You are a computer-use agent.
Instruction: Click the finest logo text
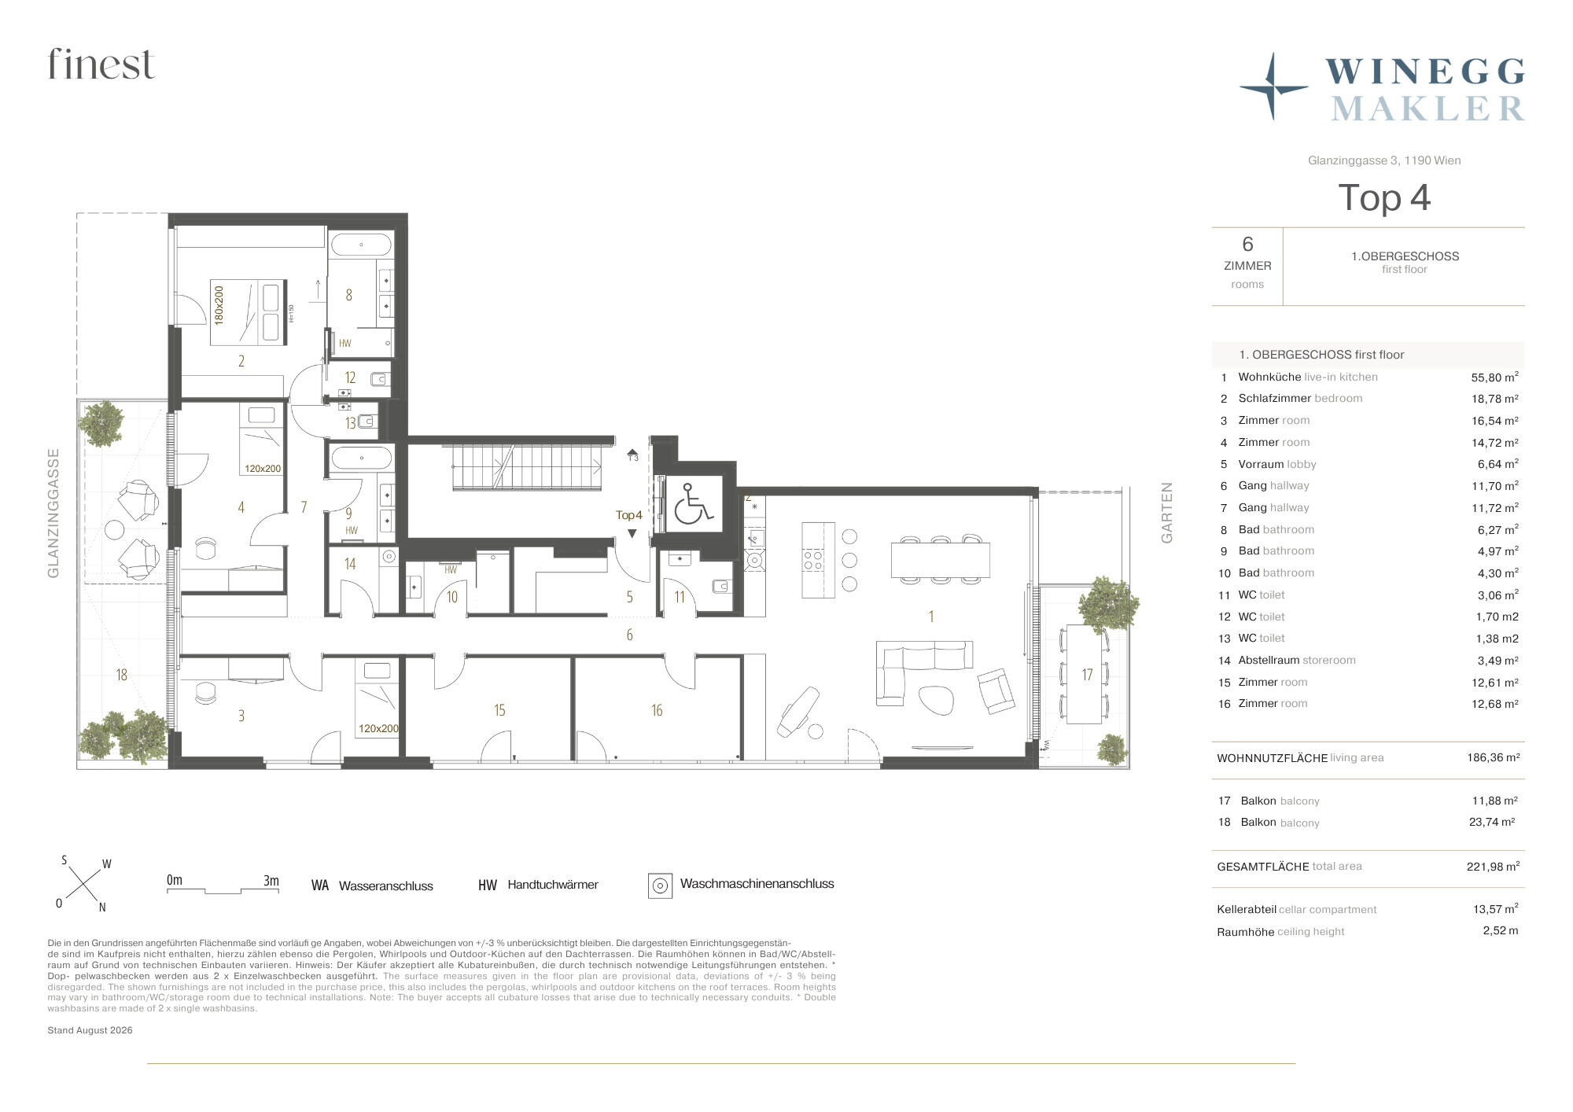(x=101, y=64)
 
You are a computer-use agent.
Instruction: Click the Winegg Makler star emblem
(x=1273, y=87)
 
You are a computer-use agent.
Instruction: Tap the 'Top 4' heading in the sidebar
(x=1384, y=197)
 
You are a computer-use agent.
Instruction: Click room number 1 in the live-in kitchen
(x=931, y=617)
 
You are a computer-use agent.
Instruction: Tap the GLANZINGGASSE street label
(x=53, y=513)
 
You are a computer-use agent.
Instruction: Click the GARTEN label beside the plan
(x=1167, y=513)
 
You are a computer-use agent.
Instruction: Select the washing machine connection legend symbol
(x=661, y=886)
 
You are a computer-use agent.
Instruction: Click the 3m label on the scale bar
(x=271, y=881)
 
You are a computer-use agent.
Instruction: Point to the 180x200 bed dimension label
(x=219, y=305)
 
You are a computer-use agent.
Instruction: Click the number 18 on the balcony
(x=121, y=675)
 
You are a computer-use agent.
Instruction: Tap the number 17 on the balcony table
(x=1087, y=675)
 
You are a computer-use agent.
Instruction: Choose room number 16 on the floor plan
(x=657, y=710)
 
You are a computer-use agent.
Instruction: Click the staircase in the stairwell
(x=525, y=467)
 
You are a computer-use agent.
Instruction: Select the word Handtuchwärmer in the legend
(x=553, y=885)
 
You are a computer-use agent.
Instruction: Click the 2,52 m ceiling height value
(x=1501, y=930)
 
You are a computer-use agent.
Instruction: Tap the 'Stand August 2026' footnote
(x=90, y=1030)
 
